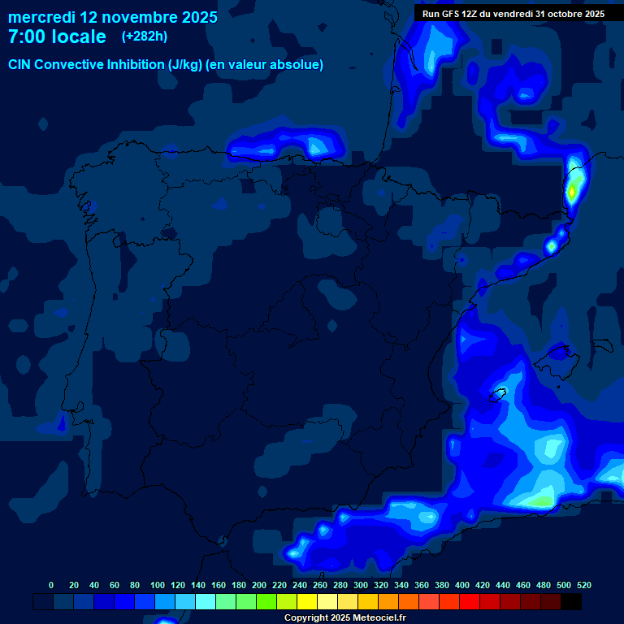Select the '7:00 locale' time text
coord(57,37)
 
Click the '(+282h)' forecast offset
coord(145,37)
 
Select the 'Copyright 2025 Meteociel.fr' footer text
coord(344,618)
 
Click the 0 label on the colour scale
coord(51,585)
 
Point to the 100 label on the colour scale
coord(157,585)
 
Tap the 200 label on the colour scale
coord(259,585)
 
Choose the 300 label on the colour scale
coord(361,585)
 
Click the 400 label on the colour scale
coord(462,585)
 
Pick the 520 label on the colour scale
coord(584,585)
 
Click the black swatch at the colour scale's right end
coord(571,601)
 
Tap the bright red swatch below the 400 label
coord(470,601)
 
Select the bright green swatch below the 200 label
coord(266,601)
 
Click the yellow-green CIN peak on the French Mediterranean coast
coord(573,191)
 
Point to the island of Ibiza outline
coord(496,395)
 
